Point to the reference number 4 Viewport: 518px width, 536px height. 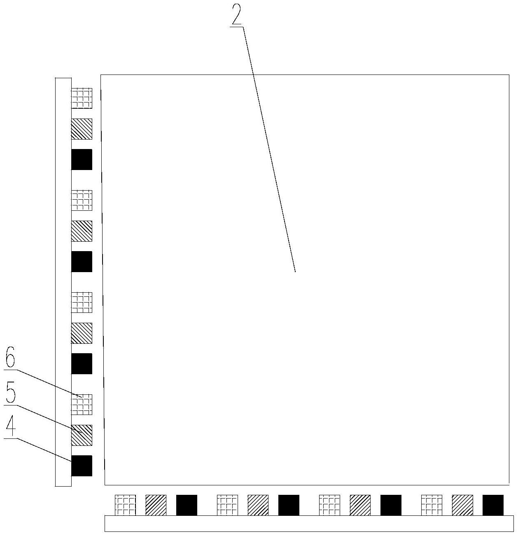coord(11,427)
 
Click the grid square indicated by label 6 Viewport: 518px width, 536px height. coord(82,404)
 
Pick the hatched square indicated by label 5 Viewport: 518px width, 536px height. coord(82,435)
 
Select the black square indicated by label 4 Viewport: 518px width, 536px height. coord(82,466)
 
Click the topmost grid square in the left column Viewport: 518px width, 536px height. coord(82,98)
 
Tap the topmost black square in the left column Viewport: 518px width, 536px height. coord(82,159)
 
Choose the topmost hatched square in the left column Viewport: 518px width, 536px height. coord(82,129)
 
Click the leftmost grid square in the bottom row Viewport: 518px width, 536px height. coord(125,505)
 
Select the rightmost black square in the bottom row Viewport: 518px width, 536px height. coord(493,505)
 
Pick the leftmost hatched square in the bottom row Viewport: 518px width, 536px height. coord(156,505)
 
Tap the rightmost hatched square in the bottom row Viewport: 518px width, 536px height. coord(462,505)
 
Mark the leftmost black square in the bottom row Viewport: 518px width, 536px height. coord(187,505)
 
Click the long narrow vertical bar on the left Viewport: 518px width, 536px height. coord(63,282)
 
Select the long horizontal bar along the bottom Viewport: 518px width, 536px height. coord(309,523)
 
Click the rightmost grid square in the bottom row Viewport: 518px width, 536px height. coord(432,505)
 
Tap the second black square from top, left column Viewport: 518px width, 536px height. coord(82,261)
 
